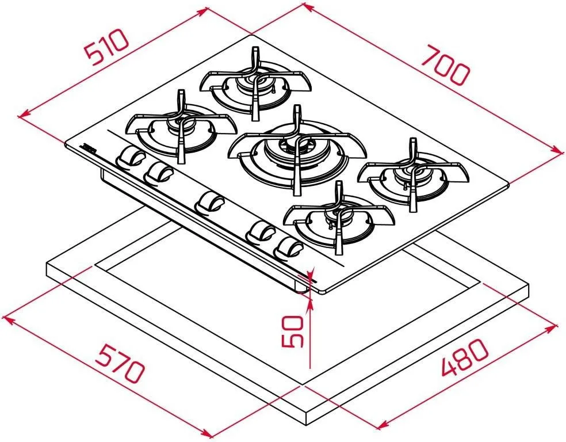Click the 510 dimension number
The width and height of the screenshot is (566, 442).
(106, 47)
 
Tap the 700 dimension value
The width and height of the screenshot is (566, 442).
(446, 65)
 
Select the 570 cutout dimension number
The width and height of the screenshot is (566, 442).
(120, 363)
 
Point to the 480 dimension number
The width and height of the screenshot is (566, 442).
(465, 357)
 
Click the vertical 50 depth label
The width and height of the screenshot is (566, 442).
(292, 331)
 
